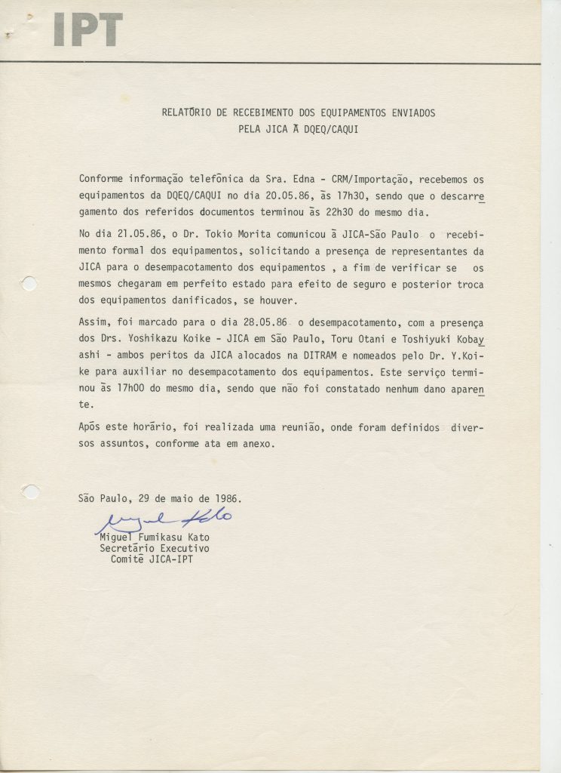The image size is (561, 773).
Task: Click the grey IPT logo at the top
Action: (x=87, y=30)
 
